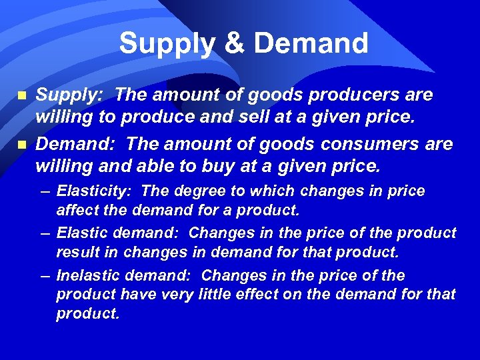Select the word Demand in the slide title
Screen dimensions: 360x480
(x=311, y=44)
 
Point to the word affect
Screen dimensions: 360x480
(x=76, y=211)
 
